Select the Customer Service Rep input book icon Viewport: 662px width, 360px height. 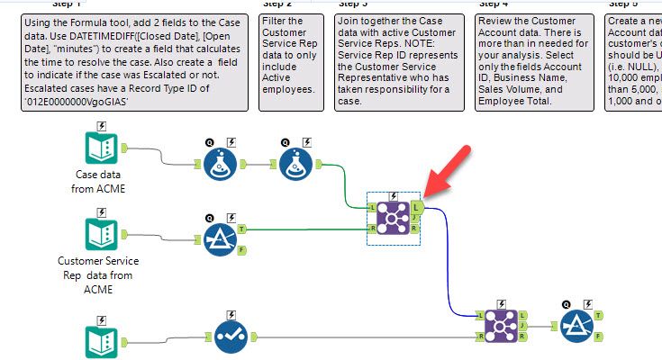pyautogui.click(x=99, y=236)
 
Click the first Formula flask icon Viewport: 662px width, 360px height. pyautogui.click(x=214, y=166)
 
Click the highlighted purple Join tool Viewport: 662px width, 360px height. pyautogui.click(x=394, y=217)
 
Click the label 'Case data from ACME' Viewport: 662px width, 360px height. pyautogui.click(x=99, y=180)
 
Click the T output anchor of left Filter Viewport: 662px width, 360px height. pyautogui.click(x=240, y=229)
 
